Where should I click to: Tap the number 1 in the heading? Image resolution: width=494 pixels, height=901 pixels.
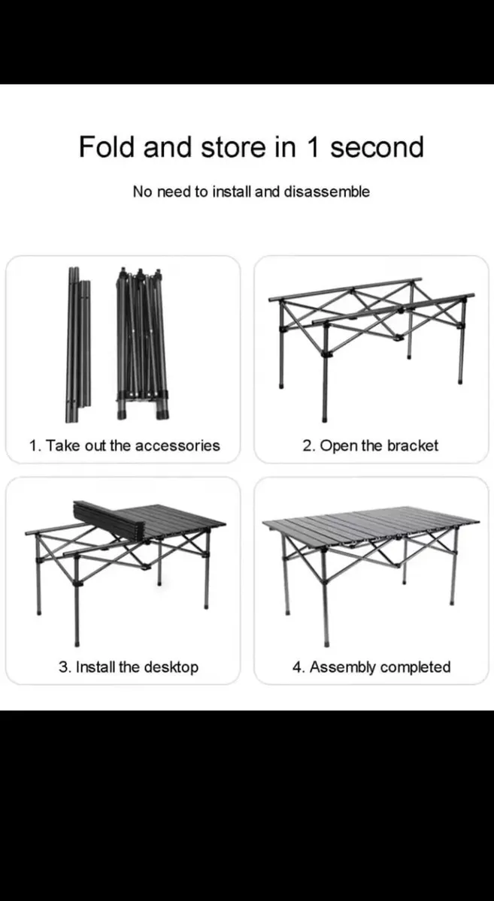(312, 146)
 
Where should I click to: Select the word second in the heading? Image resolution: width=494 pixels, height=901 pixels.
(377, 147)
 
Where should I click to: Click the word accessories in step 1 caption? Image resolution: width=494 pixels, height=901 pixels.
(177, 445)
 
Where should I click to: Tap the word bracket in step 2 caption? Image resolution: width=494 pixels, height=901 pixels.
(412, 445)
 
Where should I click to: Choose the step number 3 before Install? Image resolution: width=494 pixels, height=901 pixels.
(64, 667)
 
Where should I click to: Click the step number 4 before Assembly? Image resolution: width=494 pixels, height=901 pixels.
(297, 667)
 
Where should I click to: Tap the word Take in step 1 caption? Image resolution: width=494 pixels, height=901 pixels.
(60, 445)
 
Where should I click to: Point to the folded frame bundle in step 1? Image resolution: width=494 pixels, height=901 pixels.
(141, 342)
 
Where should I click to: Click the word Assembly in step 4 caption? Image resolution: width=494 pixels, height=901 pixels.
(342, 667)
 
